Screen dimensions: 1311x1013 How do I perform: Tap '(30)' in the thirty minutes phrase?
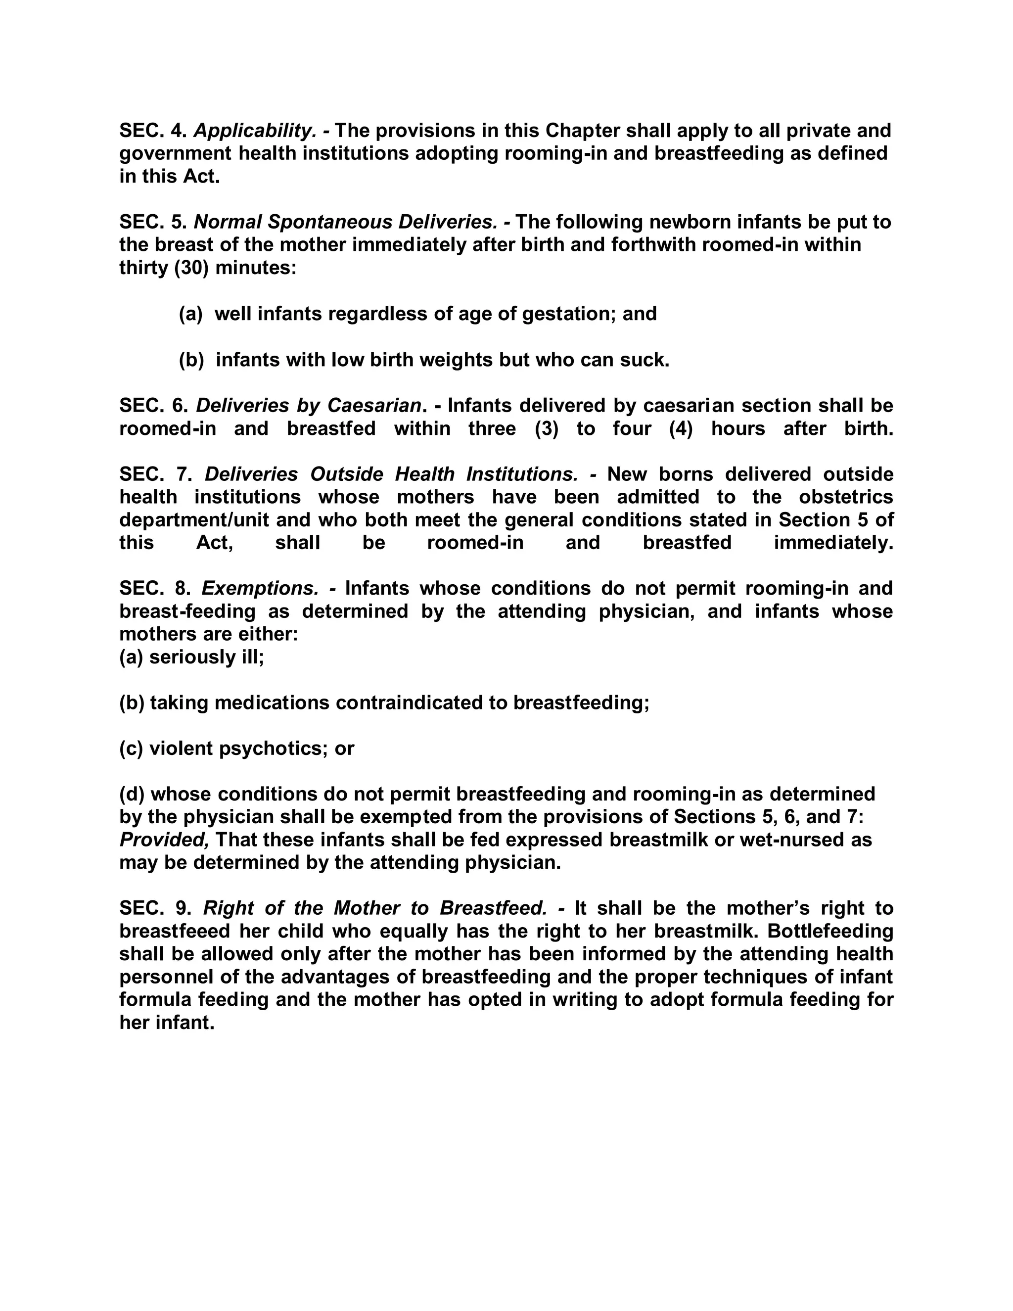191,268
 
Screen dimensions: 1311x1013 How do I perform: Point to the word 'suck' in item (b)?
645,360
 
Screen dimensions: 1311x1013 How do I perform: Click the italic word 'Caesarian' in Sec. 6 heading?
374,406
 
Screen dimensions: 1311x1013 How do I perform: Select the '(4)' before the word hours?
681,428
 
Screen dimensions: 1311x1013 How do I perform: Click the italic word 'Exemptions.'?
260,588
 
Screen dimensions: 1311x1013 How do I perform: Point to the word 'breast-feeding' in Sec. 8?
187,611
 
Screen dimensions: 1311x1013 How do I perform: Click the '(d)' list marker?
132,794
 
